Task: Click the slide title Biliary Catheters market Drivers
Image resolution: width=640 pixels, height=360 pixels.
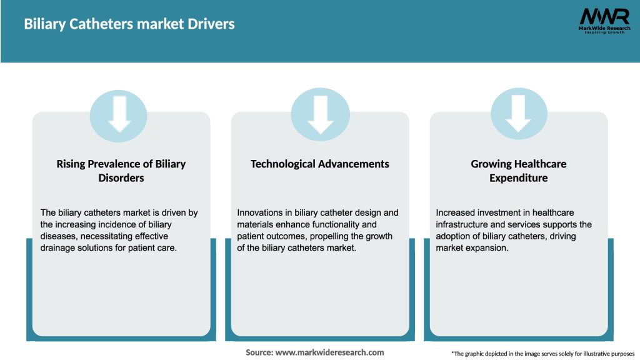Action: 129,24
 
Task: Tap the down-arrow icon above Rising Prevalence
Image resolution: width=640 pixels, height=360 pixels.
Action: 119,115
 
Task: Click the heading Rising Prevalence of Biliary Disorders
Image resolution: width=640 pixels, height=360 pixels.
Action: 121,171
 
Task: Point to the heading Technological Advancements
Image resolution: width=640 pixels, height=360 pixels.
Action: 320,164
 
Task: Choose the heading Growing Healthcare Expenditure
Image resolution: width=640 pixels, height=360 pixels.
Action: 519,171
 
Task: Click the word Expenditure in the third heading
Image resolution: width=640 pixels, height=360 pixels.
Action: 519,178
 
